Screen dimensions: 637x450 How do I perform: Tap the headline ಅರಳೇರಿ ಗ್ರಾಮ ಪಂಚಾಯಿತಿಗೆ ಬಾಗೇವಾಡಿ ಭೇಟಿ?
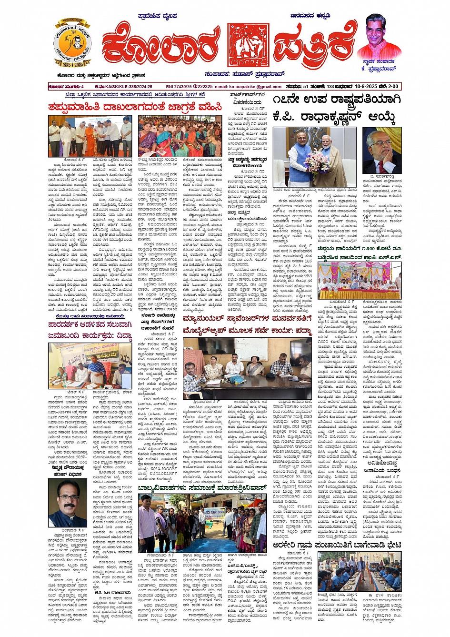pos(337,545)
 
